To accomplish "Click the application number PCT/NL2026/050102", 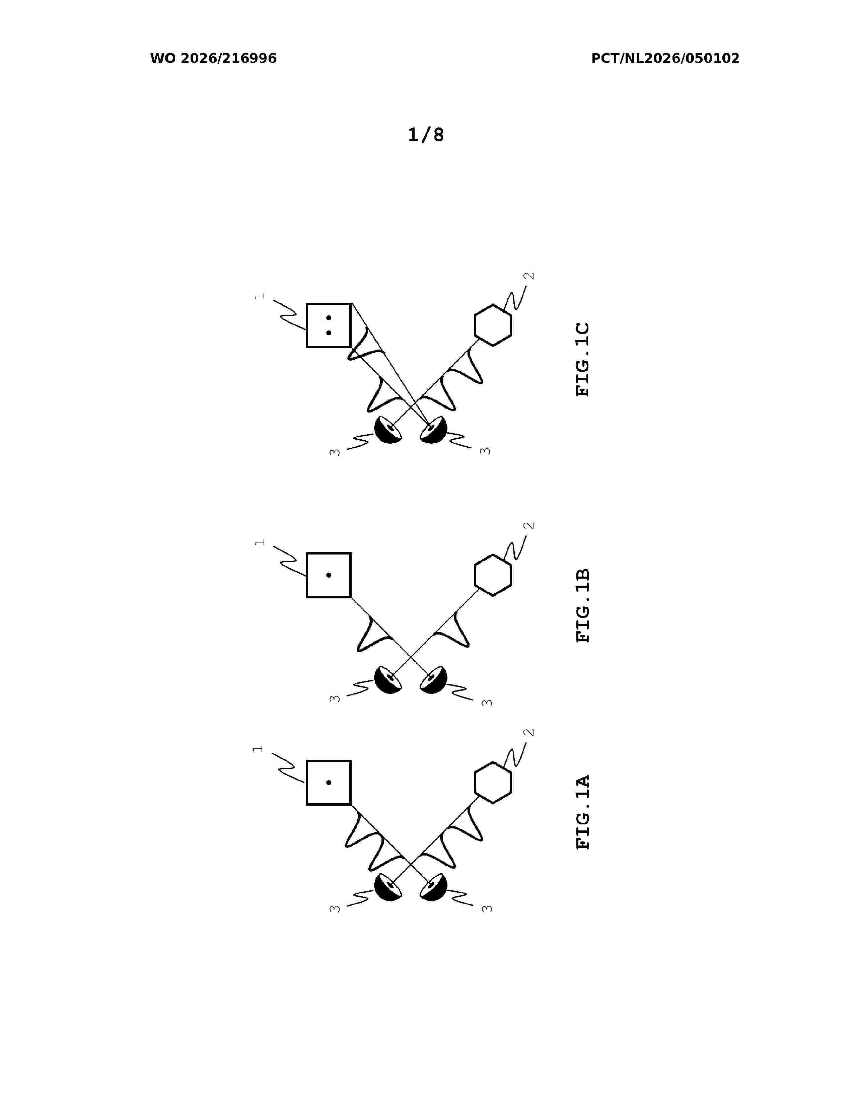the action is (x=665, y=59).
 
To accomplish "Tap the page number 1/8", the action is (x=426, y=135).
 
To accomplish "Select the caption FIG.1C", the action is (x=583, y=359).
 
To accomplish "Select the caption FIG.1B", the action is (x=583, y=606).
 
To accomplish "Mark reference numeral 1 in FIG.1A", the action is (x=258, y=749).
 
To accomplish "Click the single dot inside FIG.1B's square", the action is (x=329, y=575).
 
